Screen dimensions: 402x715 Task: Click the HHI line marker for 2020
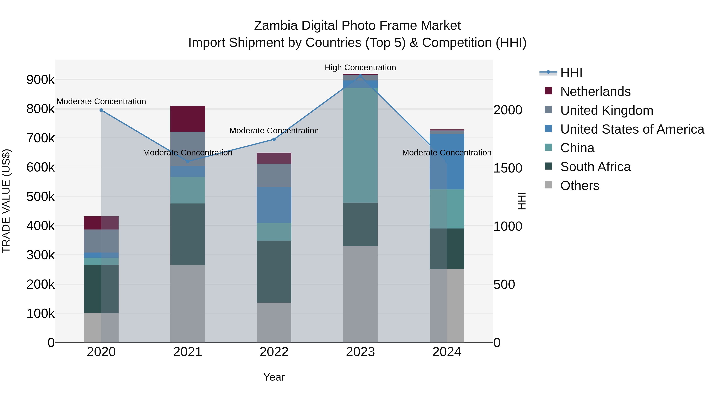point(101,110)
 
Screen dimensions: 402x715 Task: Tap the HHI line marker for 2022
point(274,139)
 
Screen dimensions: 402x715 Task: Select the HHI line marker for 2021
point(188,161)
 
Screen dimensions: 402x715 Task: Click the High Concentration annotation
point(360,67)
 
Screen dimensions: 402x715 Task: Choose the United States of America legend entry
point(632,129)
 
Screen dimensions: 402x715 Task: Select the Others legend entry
point(580,186)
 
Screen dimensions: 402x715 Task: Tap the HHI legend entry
point(571,73)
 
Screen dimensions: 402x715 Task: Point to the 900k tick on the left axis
point(41,80)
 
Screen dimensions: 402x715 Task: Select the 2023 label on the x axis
point(360,352)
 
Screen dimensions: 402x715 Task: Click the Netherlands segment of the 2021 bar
point(188,119)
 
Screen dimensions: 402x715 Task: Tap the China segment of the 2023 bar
point(360,145)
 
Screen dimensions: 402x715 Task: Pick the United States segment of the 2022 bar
point(274,205)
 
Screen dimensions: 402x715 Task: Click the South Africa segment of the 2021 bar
point(188,234)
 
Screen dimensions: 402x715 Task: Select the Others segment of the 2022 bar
point(274,322)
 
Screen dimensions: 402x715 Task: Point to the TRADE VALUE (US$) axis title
point(6,201)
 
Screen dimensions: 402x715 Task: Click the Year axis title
point(274,377)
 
